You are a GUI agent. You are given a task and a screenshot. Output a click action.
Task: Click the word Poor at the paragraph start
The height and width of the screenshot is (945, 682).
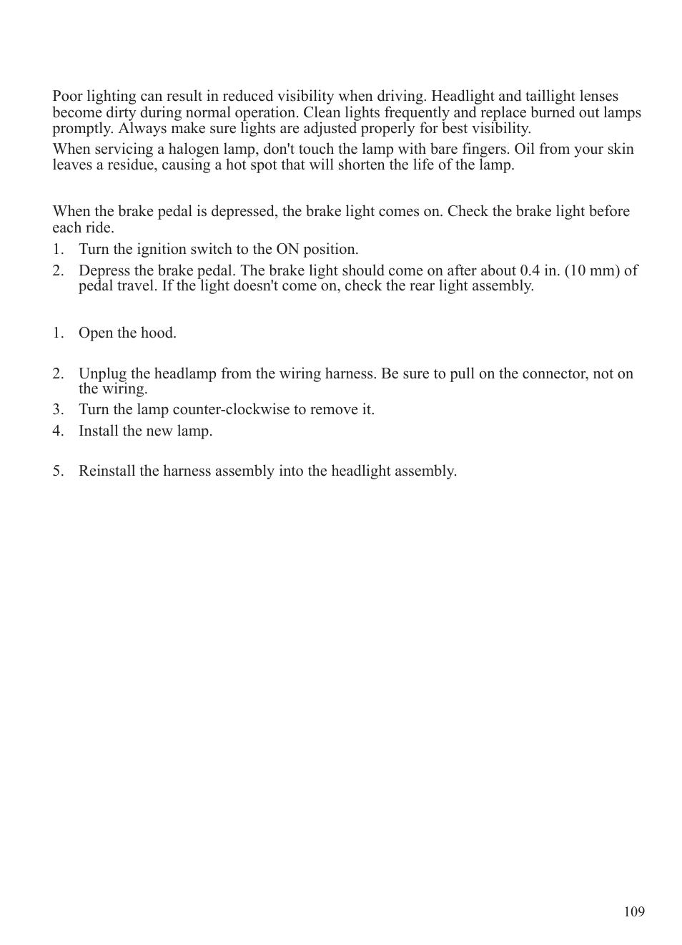coord(67,96)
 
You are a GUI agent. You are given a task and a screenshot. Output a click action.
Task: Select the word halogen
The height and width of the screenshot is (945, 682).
coord(191,149)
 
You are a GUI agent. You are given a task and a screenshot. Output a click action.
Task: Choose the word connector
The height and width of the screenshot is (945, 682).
coord(555,373)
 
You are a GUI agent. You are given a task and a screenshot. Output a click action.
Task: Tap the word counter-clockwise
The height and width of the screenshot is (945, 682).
coord(231,409)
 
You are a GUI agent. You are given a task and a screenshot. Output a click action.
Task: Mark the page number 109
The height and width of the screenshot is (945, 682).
coord(634,911)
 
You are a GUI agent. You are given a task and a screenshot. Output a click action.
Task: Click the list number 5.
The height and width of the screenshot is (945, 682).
coord(57,471)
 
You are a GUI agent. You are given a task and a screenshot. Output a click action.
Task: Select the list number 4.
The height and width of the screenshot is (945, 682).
coord(57,431)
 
